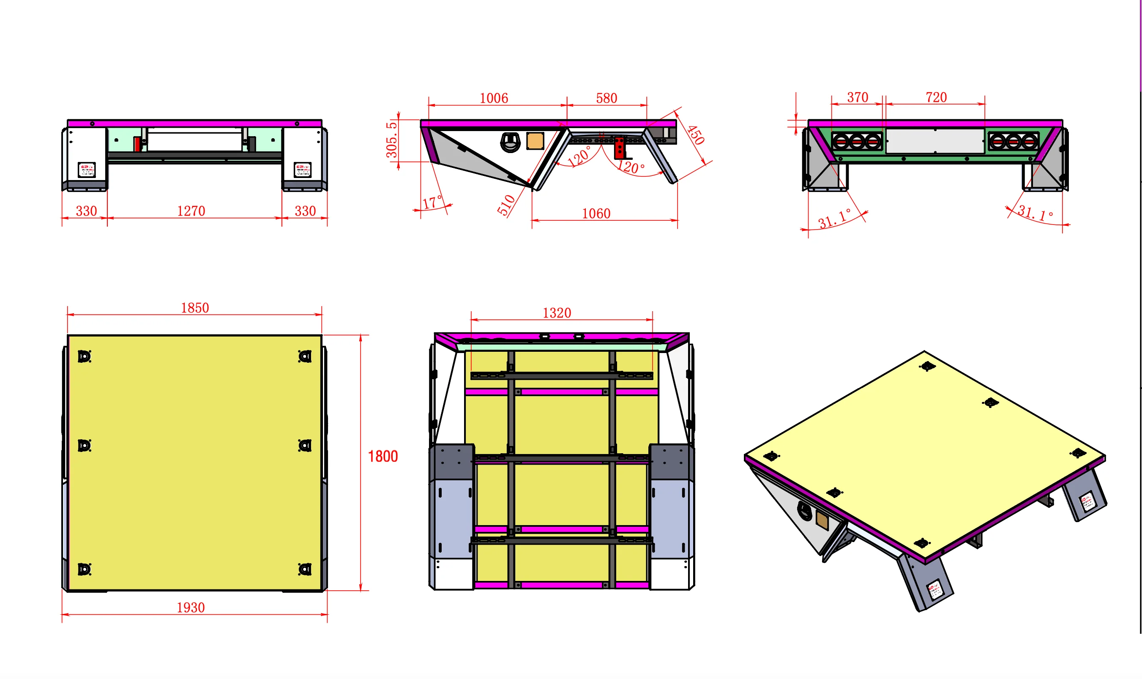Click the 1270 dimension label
coord(191,211)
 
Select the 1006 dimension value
coord(494,98)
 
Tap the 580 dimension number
coord(606,98)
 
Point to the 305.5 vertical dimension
coord(391,140)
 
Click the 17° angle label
coord(432,202)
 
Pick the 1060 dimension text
coord(596,213)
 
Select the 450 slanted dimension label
coord(695,135)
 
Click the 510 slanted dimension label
coord(506,205)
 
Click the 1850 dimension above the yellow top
coord(195,307)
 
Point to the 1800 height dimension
coord(383,456)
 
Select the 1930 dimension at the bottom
coord(190,607)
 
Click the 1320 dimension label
coord(557,312)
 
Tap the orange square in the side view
coord(535,141)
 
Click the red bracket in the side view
coord(619,147)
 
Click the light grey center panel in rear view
coord(935,141)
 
